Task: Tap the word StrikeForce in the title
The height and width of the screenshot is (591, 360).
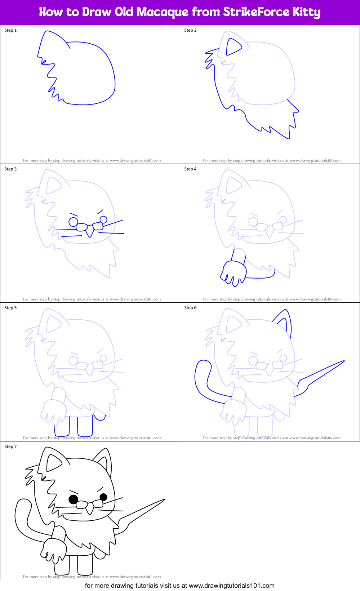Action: click(256, 12)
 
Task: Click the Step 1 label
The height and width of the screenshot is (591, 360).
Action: click(10, 30)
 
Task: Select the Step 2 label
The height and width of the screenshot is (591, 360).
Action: click(190, 30)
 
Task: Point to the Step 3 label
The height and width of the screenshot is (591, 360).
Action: click(10, 169)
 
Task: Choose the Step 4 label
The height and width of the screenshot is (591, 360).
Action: click(190, 169)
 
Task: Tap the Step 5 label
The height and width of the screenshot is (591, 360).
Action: click(10, 308)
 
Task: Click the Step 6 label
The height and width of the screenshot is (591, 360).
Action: click(190, 308)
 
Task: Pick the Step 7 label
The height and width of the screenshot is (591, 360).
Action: click(10, 446)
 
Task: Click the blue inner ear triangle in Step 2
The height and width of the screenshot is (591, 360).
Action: click(232, 47)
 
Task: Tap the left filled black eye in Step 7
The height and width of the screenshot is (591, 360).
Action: click(74, 499)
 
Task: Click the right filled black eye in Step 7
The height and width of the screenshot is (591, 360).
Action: click(103, 497)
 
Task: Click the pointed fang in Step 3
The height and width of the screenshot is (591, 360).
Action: click(89, 233)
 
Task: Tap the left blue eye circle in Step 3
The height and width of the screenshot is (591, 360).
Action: click(74, 221)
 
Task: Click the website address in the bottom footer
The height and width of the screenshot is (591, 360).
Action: click(231, 586)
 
